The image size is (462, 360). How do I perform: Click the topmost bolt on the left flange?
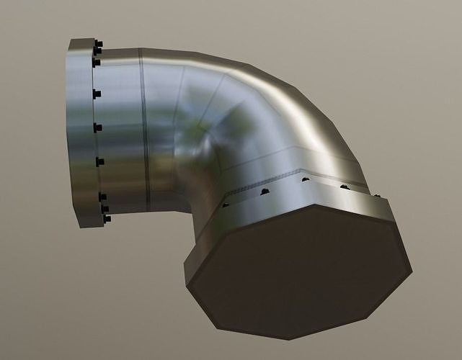[x=98, y=44]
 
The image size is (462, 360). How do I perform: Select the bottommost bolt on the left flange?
[x=106, y=218]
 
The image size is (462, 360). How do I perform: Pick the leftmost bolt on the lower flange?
[x=226, y=204]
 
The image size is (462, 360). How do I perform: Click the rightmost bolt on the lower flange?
[x=376, y=193]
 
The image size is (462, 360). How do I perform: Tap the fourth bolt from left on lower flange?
[x=345, y=186]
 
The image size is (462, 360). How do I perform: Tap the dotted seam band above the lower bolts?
[x=288, y=176]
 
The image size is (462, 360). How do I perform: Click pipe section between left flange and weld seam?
[x=119, y=130]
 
